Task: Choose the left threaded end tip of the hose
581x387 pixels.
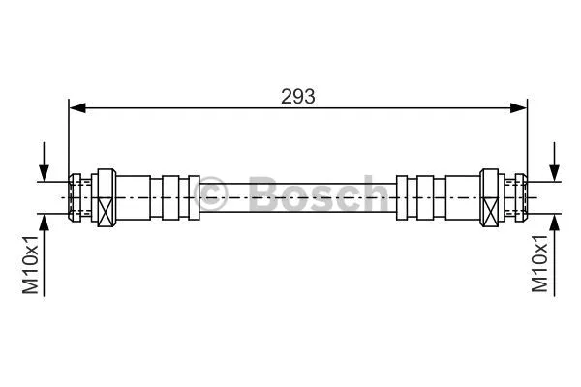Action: [70, 195]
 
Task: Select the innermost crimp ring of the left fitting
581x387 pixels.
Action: [189, 195]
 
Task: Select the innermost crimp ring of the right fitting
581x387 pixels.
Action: [406, 195]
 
